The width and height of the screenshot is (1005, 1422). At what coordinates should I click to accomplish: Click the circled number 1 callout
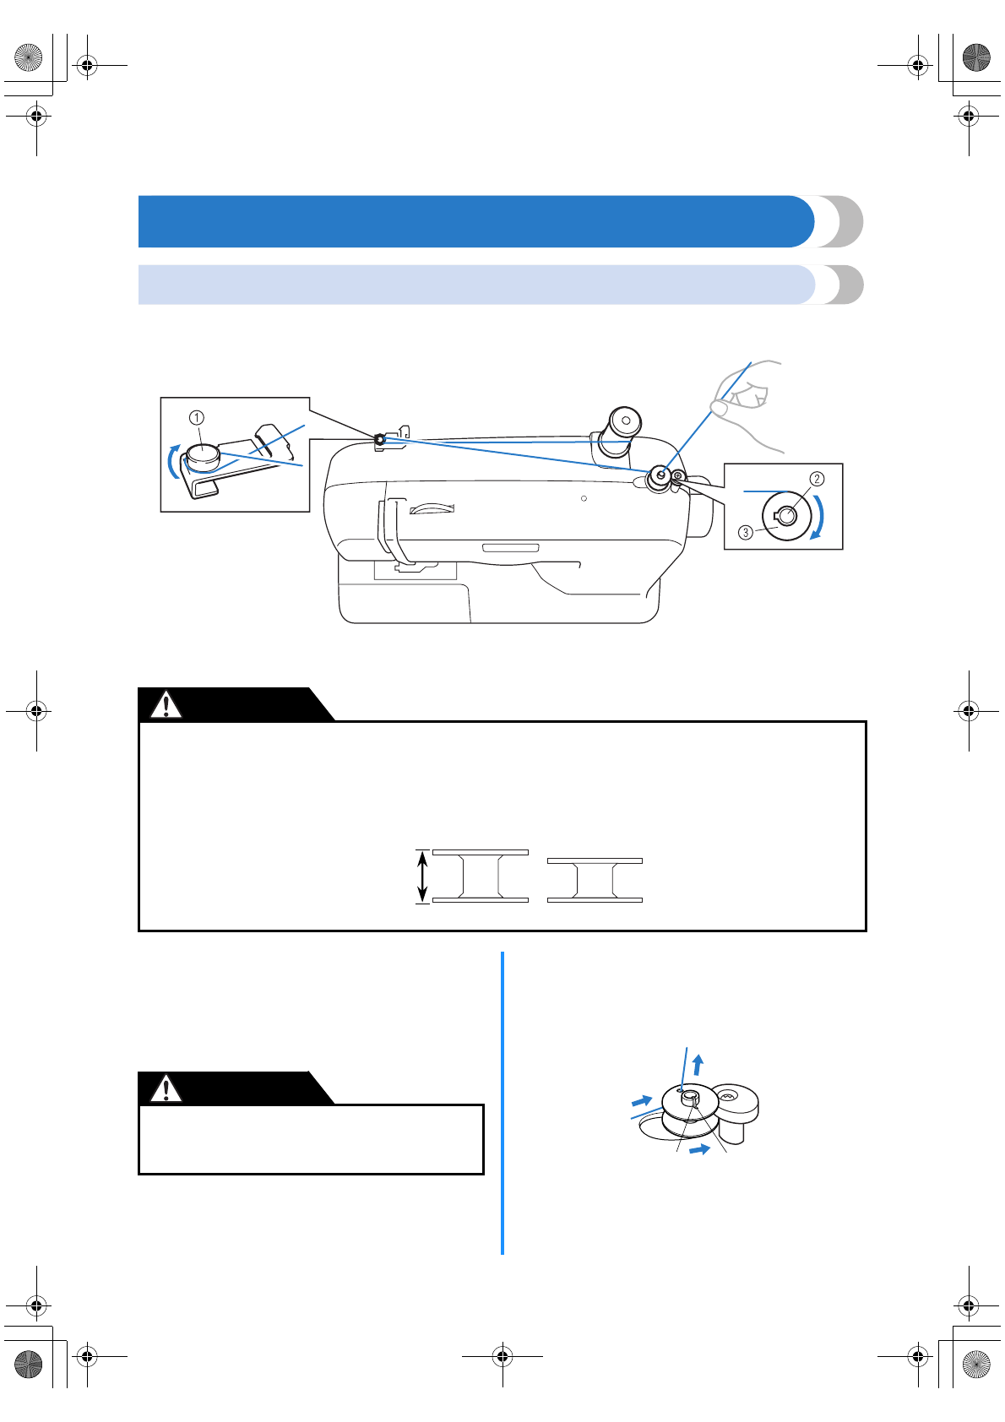(196, 417)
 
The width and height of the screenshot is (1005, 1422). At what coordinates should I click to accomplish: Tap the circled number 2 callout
(817, 479)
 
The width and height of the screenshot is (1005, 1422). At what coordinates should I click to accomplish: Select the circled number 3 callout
(746, 532)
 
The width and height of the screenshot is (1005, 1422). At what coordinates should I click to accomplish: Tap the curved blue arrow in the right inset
(818, 518)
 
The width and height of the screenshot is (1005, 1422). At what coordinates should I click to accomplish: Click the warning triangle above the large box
(166, 704)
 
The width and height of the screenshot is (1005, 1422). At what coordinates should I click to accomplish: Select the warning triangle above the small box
(166, 1088)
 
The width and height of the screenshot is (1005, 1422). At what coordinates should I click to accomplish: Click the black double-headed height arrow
(423, 877)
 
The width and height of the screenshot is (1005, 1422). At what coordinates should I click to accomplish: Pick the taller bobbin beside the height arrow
(481, 877)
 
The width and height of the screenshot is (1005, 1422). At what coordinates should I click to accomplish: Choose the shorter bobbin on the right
(595, 881)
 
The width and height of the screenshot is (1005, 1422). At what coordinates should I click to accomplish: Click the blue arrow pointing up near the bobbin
(698, 1063)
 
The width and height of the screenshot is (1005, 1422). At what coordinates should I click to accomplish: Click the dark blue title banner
(473, 221)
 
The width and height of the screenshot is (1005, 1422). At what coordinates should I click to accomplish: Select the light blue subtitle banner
(473, 285)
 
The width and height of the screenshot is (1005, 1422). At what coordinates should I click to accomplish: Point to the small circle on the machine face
(584, 498)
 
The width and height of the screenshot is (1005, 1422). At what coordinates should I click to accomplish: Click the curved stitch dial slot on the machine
(432, 508)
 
